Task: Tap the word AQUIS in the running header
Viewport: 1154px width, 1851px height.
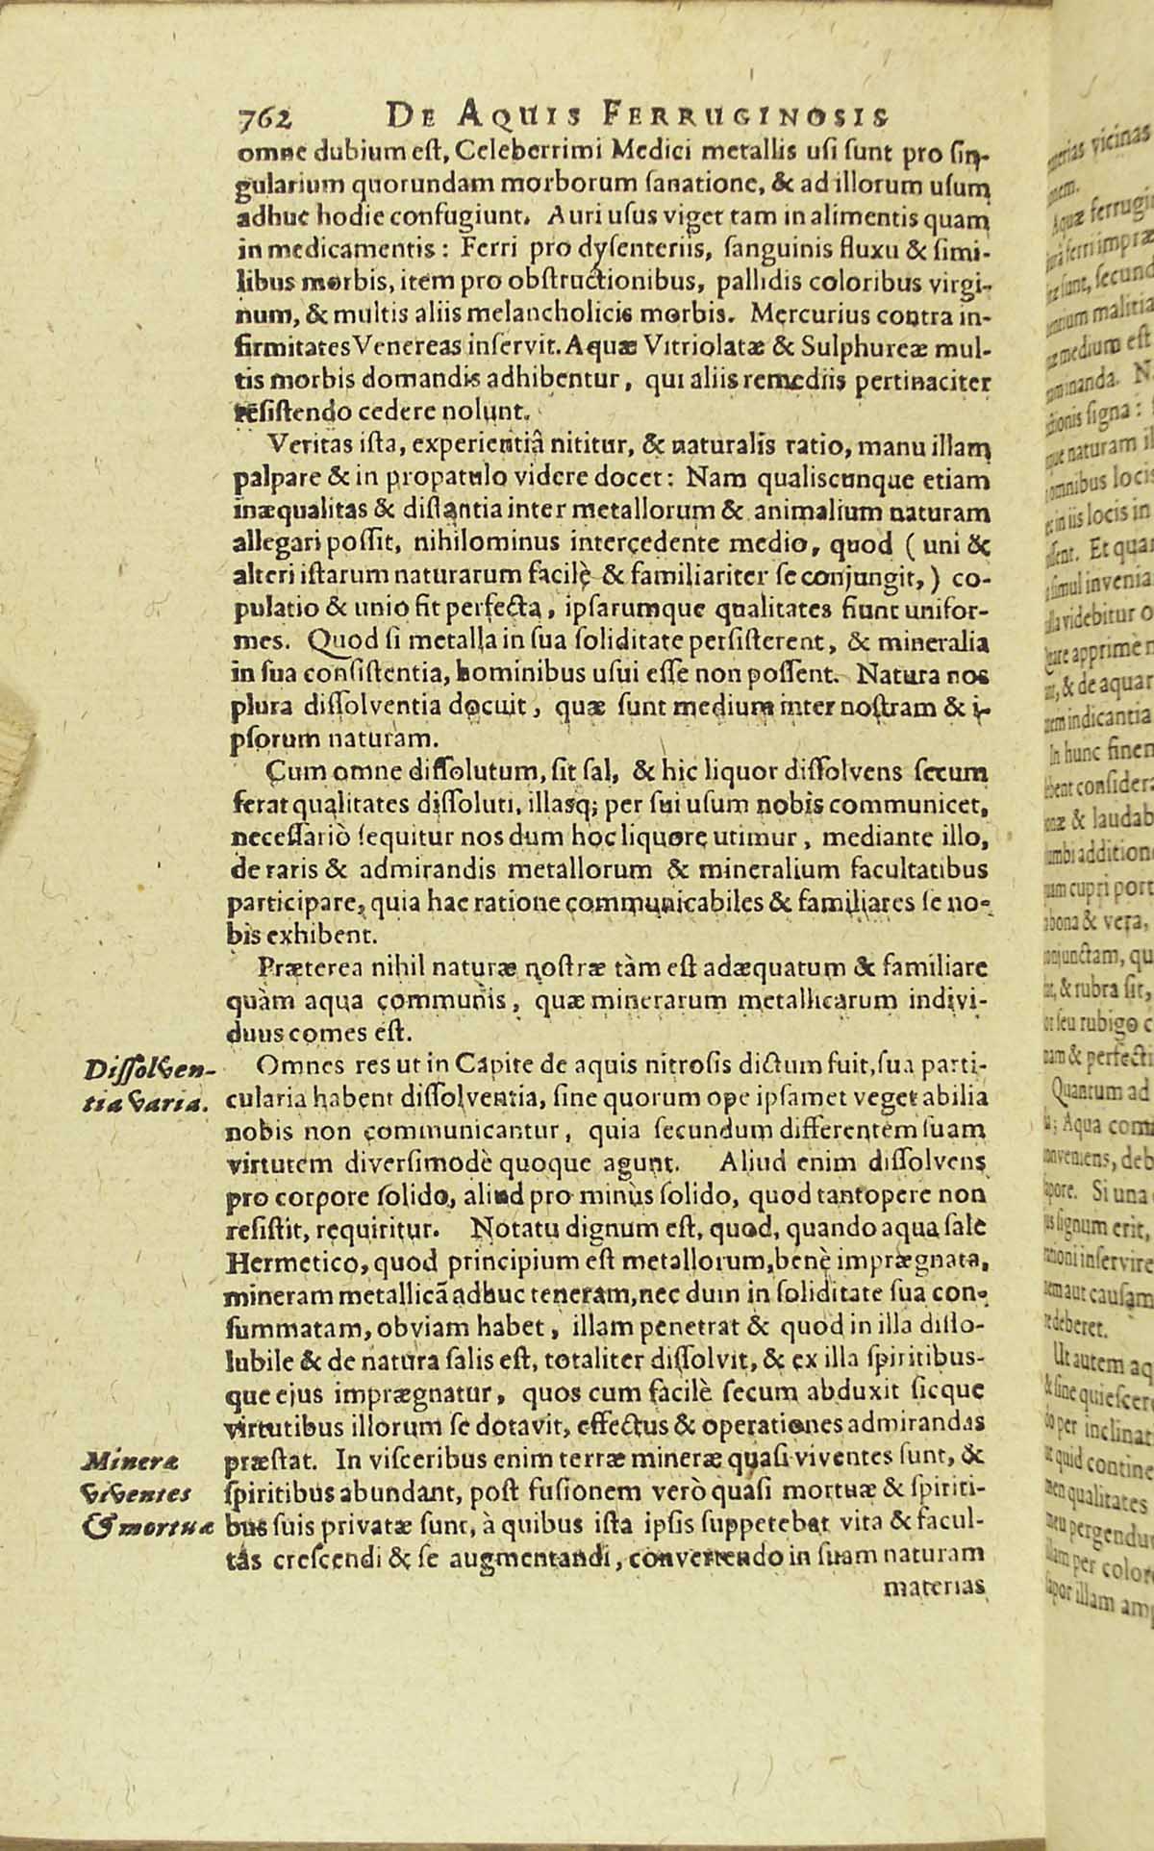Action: point(511,117)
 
